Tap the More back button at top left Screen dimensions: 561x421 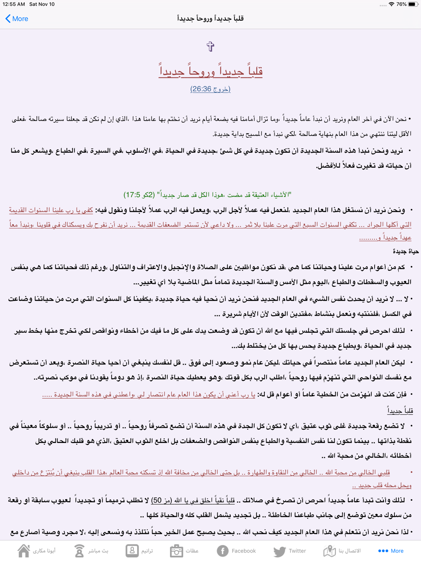(17, 19)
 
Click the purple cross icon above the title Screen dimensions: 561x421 (210, 46)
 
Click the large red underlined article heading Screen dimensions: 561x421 (210, 71)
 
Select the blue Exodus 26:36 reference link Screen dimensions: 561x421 (210, 89)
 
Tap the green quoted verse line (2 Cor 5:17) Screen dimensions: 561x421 (208, 195)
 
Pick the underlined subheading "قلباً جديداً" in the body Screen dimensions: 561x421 (400, 410)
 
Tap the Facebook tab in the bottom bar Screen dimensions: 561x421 (236, 550)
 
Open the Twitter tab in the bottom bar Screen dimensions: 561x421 (290, 550)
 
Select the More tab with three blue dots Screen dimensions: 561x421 (391, 550)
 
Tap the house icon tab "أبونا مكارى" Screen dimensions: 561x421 (37, 550)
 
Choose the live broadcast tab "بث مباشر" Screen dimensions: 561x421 (91, 550)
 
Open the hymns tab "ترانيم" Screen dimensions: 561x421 (139, 550)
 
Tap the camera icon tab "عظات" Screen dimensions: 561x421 (184, 550)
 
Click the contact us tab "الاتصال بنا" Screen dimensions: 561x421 (342, 550)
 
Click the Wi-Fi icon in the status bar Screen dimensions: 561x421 (392, 4)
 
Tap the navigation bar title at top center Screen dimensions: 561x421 (210, 19)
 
